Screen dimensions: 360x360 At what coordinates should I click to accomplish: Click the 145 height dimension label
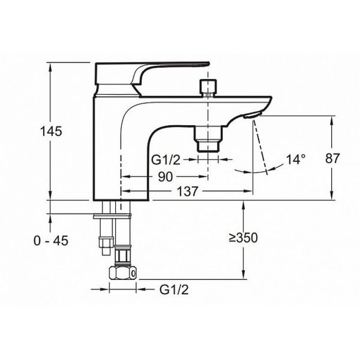point(51,131)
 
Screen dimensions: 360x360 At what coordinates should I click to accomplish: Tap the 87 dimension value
point(332,158)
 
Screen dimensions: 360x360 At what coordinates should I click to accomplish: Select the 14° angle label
point(296,159)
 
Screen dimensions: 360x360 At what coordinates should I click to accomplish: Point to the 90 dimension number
point(165,176)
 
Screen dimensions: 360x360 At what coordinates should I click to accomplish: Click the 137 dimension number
point(187,191)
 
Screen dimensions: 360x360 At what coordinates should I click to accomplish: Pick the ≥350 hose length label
point(243,238)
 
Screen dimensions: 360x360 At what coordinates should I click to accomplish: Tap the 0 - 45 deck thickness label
point(51,241)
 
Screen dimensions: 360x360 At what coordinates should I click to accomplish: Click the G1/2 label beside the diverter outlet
point(166,160)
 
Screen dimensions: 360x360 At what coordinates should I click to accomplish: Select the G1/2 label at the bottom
point(174,289)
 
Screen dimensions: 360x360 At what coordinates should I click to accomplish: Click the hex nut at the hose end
point(122,273)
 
